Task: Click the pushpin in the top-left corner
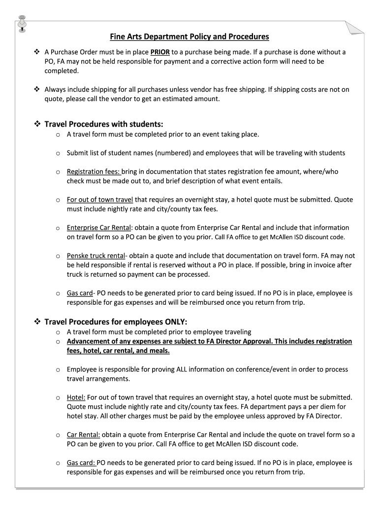(x=22, y=22)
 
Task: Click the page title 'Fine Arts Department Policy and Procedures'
(x=189, y=36)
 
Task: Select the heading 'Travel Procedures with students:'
(x=103, y=123)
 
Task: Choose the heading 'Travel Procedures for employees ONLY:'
(x=116, y=322)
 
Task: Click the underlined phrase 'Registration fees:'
(x=94, y=172)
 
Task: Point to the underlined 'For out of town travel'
(x=100, y=200)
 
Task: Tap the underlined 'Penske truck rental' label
(x=95, y=256)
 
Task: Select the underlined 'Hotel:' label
(x=76, y=397)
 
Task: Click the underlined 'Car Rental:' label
(x=84, y=435)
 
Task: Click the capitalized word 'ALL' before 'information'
(x=184, y=369)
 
